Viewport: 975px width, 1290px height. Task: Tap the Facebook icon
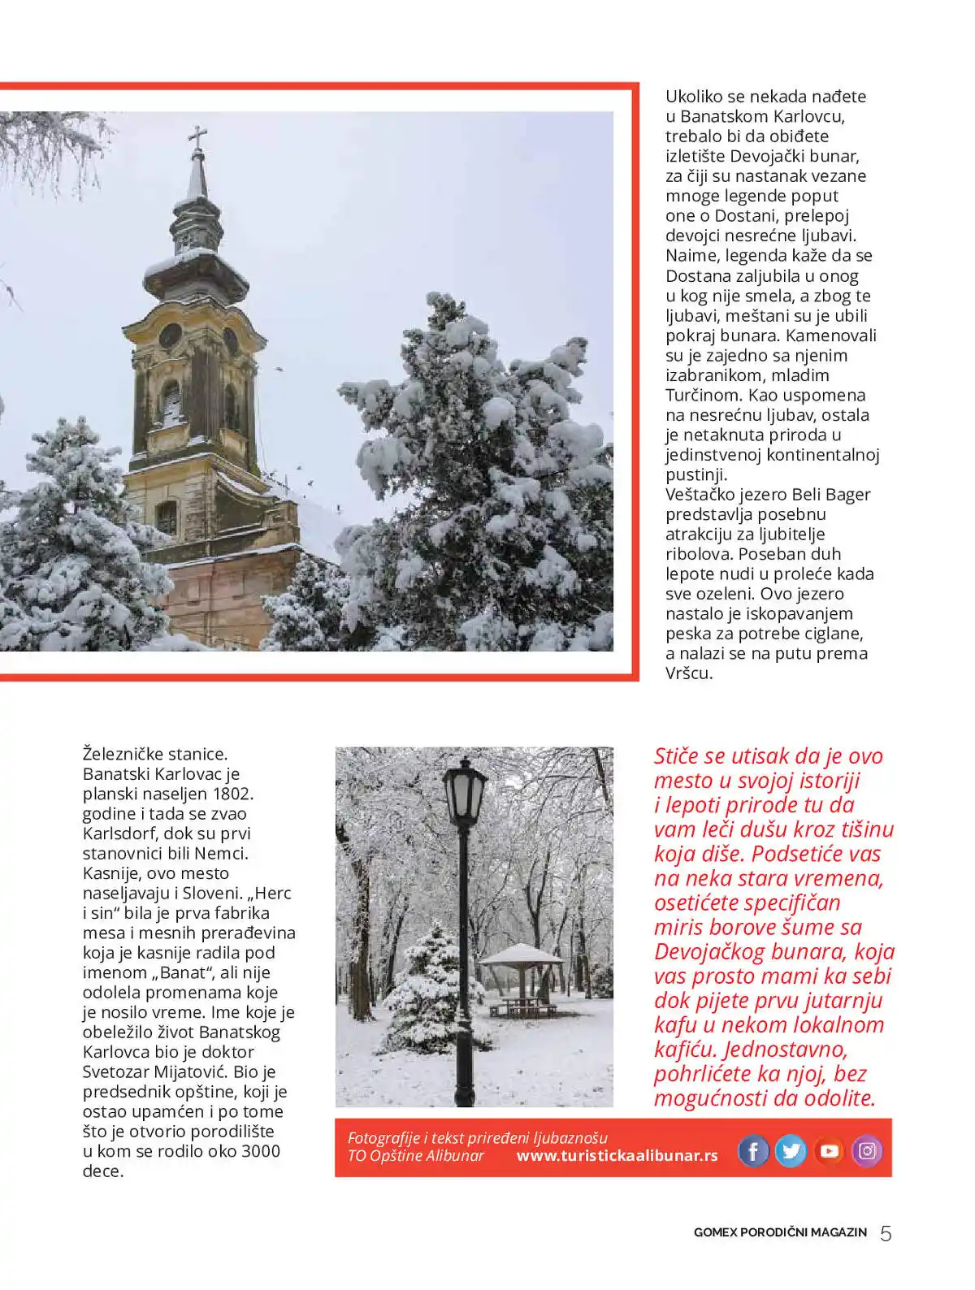(x=753, y=1150)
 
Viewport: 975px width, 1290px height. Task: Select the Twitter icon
(x=791, y=1150)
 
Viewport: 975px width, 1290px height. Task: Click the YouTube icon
(x=829, y=1150)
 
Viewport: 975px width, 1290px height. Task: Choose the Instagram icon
(x=867, y=1150)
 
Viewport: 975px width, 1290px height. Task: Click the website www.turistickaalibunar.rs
(x=617, y=1156)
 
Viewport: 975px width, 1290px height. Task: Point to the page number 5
(x=886, y=1233)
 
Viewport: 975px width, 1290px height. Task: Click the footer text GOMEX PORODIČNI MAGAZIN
(x=780, y=1232)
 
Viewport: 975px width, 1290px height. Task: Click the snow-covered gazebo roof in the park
(x=521, y=954)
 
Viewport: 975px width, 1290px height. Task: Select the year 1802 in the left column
(x=232, y=794)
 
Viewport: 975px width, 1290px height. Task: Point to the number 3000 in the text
(x=261, y=1151)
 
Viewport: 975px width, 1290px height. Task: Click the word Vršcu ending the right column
(x=688, y=673)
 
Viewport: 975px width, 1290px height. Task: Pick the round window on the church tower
(x=170, y=335)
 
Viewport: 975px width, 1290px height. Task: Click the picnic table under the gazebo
(x=523, y=1007)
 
